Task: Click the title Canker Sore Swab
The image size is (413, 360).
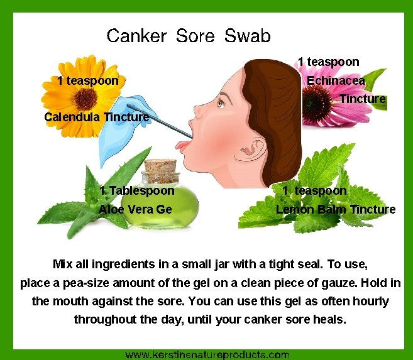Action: [189, 35]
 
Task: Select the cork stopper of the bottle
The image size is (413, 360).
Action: [161, 168]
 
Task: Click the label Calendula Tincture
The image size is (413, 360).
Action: [96, 117]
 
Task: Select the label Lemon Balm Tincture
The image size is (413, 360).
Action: [336, 209]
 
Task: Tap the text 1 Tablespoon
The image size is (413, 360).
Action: [137, 190]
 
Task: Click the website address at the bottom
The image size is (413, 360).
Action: [207, 354]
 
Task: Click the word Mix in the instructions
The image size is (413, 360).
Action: [64, 264]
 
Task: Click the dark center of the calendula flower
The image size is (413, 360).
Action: [82, 97]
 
